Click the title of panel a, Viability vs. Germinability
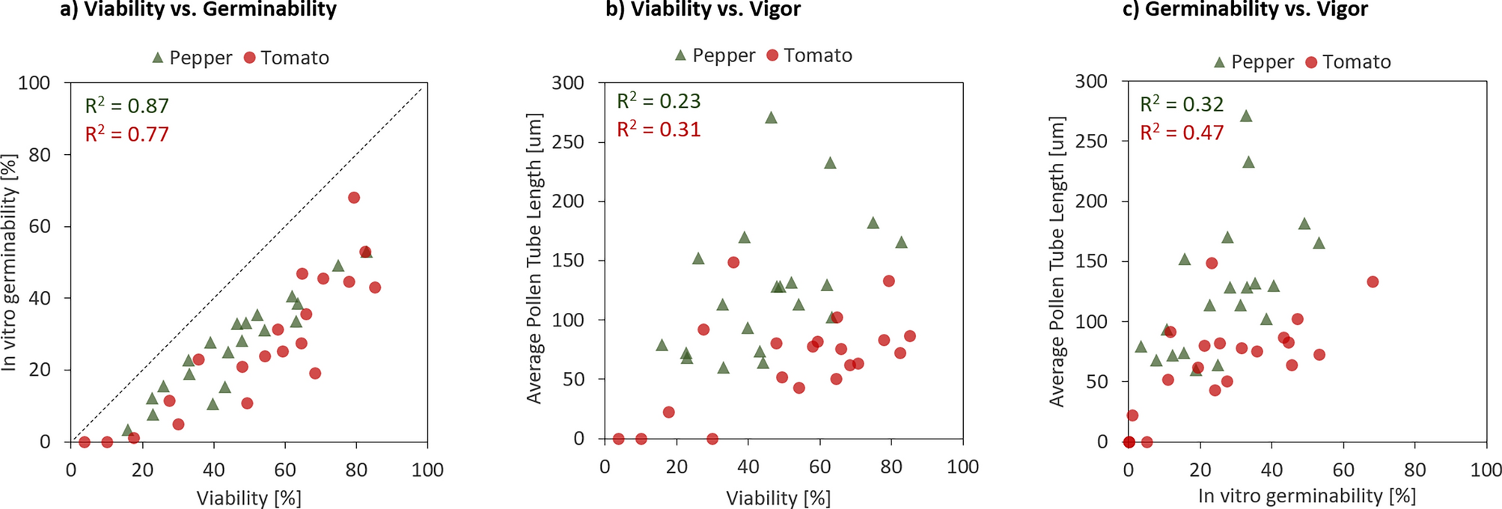(x=198, y=10)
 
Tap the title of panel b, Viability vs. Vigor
(x=704, y=10)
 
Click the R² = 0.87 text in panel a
(x=126, y=106)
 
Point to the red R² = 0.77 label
(x=126, y=134)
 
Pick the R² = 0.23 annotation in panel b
(x=659, y=101)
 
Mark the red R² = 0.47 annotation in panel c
(x=1182, y=132)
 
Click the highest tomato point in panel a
(x=354, y=198)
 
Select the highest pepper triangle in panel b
(x=771, y=118)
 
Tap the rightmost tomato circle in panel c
(x=1373, y=282)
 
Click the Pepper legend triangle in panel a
(x=158, y=58)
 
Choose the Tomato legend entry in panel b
(x=810, y=55)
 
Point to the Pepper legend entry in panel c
(x=1254, y=62)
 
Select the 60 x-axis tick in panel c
(x=1343, y=469)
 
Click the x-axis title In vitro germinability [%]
(x=1307, y=496)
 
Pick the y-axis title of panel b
(x=534, y=258)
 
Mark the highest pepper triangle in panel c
(x=1246, y=116)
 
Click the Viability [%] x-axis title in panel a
(x=248, y=498)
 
